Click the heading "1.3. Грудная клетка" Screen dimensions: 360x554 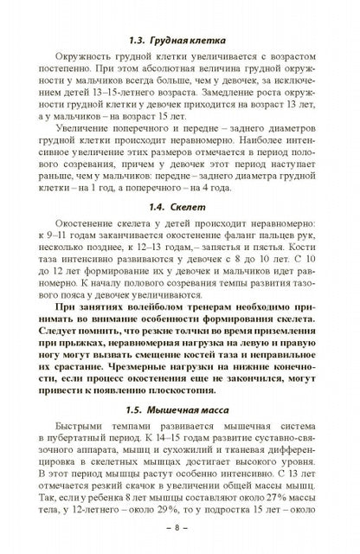click(x=181, y=39)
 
